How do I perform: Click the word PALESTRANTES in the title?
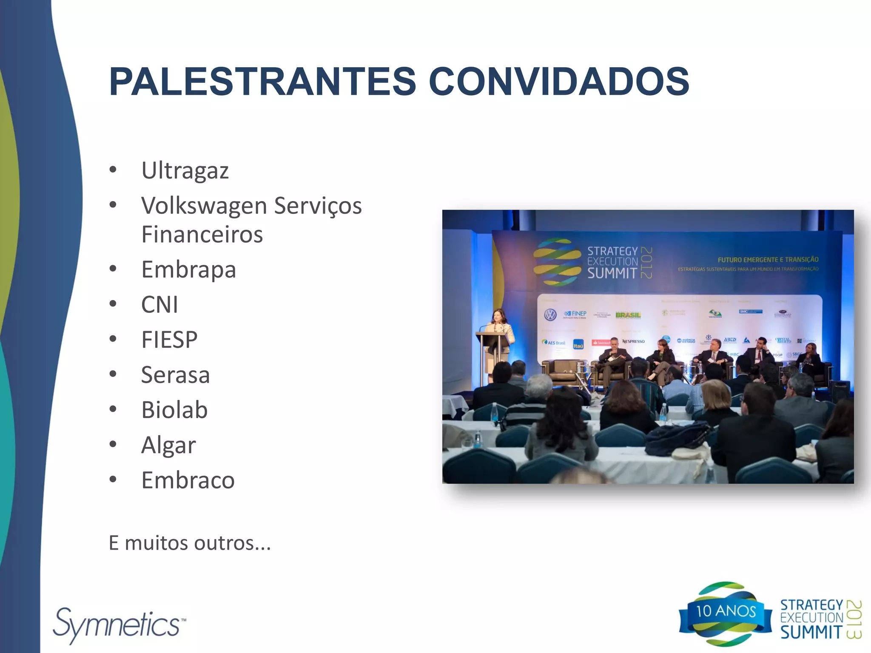tap(262, 82)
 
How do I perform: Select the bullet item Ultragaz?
tap(185, 171)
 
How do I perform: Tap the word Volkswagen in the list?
tap(204, 206)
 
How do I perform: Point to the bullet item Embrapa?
tap(188, 270)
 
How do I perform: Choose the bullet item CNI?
tap(159, 305)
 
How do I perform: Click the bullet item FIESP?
tap(169, 340)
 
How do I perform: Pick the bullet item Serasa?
tap(175, 375)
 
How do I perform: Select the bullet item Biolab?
tap(174, 410)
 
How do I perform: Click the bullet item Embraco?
tap(188, 480)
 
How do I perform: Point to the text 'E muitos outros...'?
tap(190, 543)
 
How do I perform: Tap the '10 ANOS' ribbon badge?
tap(726, 612)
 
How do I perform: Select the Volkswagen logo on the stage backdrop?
tap(550, 315)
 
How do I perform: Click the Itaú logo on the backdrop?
tap(578, 345)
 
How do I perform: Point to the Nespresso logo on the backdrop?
tap(634, 341)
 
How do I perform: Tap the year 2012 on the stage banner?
tap(646, 263)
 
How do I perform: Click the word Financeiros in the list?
tap(202, 235)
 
